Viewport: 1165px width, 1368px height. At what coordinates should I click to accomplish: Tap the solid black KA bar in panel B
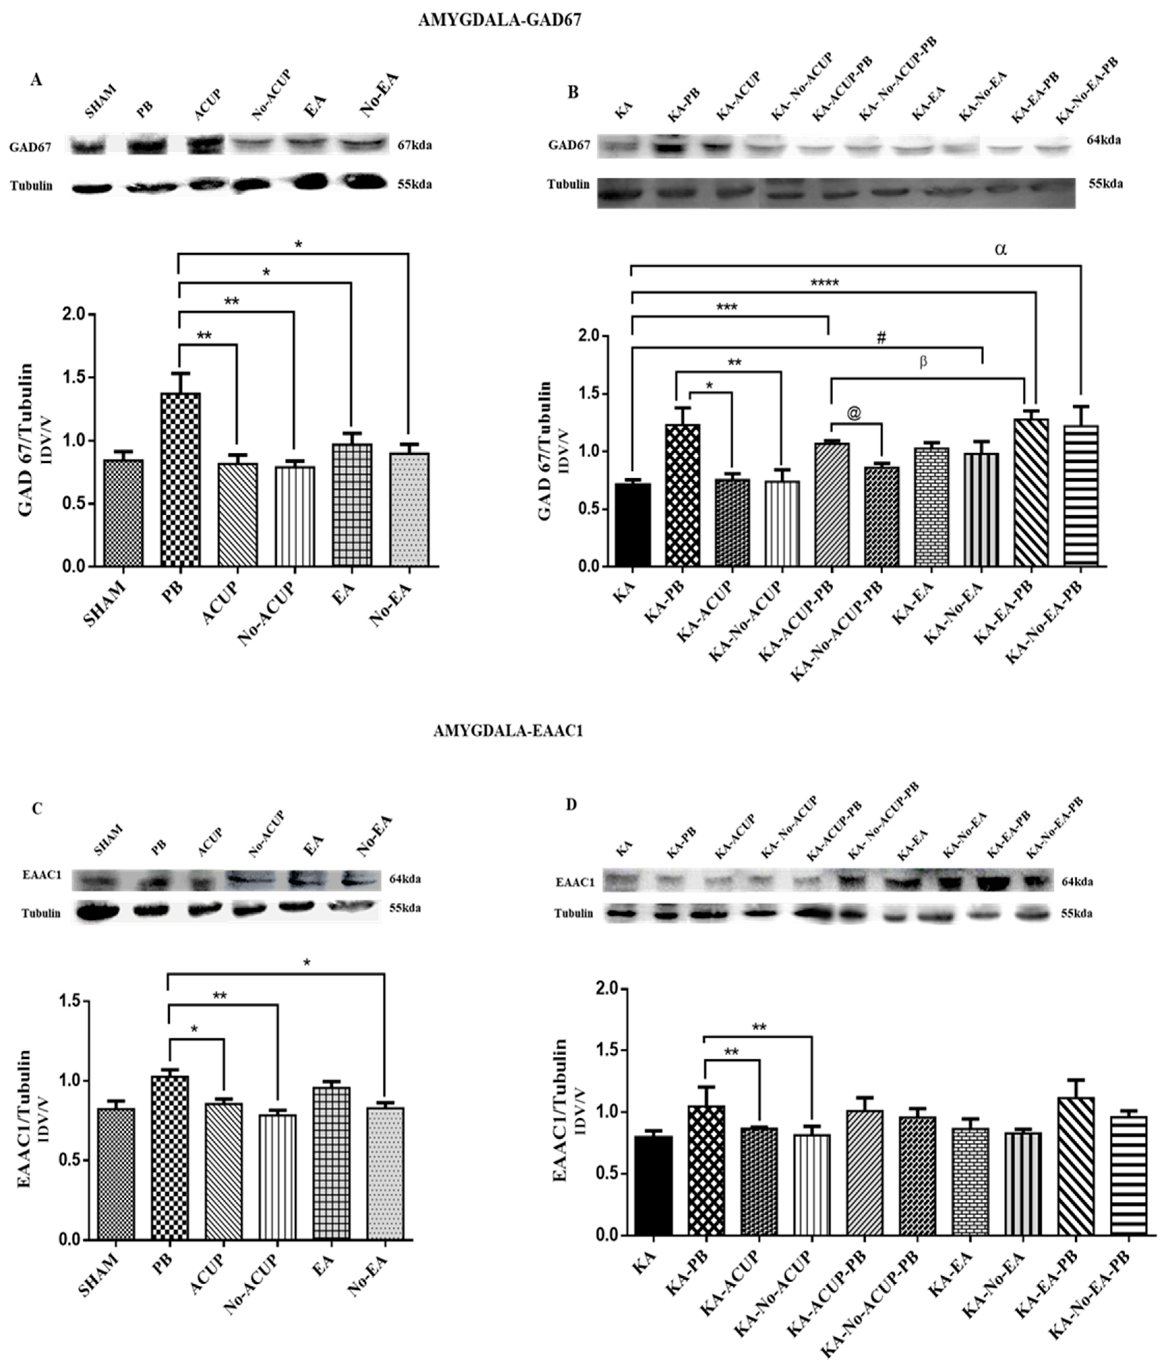[x=632, y=525]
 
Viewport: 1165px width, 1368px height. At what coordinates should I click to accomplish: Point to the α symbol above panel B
[x=1000, y=250]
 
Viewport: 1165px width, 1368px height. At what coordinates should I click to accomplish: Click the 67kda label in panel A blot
[x=415, y=145]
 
